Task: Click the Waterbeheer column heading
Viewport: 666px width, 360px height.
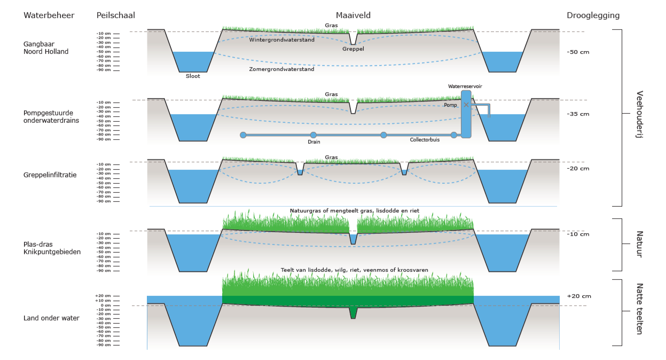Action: click(49, 15)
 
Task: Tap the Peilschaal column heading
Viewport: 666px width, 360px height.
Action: click(116, 15)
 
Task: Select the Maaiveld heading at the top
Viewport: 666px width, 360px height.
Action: click(353, 15)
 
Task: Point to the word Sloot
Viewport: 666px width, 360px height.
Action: click(193, 76)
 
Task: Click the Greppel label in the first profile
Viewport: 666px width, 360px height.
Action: click(353, 49)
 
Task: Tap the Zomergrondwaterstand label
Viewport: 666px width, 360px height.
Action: click(282, 69)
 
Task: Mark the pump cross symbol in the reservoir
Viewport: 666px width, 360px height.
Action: click(466, 105)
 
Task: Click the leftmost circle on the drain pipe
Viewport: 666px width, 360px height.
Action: click(243, 135)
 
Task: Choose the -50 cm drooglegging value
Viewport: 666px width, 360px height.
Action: click(578, 52)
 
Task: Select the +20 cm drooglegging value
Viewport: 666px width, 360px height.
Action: click(578, 296)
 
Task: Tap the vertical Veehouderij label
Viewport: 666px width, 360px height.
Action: click(639, 114)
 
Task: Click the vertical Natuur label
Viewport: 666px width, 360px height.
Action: click(639, 245)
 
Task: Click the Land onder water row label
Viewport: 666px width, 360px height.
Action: click(51, 318)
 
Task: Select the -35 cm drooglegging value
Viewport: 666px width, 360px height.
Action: click(578, 114)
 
